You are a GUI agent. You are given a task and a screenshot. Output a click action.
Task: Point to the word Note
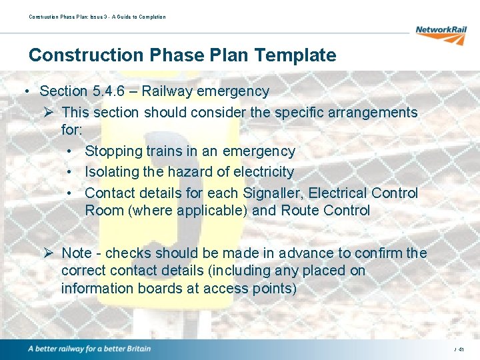coord(77,253)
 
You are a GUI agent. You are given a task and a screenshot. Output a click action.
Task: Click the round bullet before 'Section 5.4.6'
coord(25,91)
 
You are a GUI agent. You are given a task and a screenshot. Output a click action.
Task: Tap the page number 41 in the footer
coord(461,349)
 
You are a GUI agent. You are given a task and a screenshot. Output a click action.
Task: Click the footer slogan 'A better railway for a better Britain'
coord(89,349)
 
